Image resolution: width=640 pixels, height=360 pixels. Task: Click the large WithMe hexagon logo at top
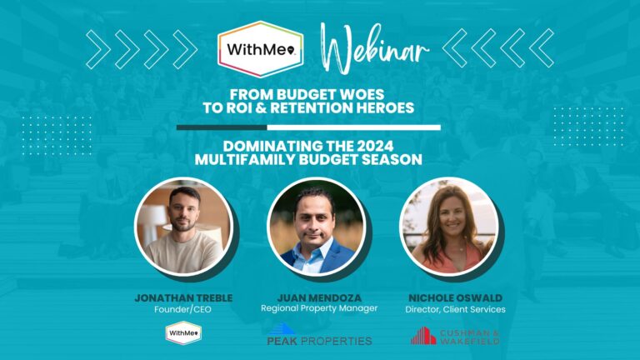pos(261,49)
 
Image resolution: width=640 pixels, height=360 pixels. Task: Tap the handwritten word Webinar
pos(375,48)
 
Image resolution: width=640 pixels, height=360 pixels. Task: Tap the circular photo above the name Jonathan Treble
pos(183,226)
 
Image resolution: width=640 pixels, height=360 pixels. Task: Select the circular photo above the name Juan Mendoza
pos(317,226)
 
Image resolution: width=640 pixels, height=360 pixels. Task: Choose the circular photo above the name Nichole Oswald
pos(448,226)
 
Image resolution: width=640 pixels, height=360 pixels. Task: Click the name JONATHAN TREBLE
pos(183,298)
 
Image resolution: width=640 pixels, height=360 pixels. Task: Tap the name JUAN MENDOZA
pos(319,298)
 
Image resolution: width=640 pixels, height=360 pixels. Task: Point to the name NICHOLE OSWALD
pos(456,298)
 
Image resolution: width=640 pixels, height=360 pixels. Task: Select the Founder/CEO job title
pos(182,309)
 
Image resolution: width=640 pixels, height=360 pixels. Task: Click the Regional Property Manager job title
pos(319,308)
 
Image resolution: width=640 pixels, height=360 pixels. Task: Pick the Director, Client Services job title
pos(456,309)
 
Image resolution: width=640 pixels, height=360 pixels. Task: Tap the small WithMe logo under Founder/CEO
pos(183,333)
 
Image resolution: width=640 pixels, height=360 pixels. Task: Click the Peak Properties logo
pos(320,335)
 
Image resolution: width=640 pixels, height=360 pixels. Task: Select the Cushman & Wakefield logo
pos(455,336)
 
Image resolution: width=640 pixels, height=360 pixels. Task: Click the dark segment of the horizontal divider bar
pos(222,127)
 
